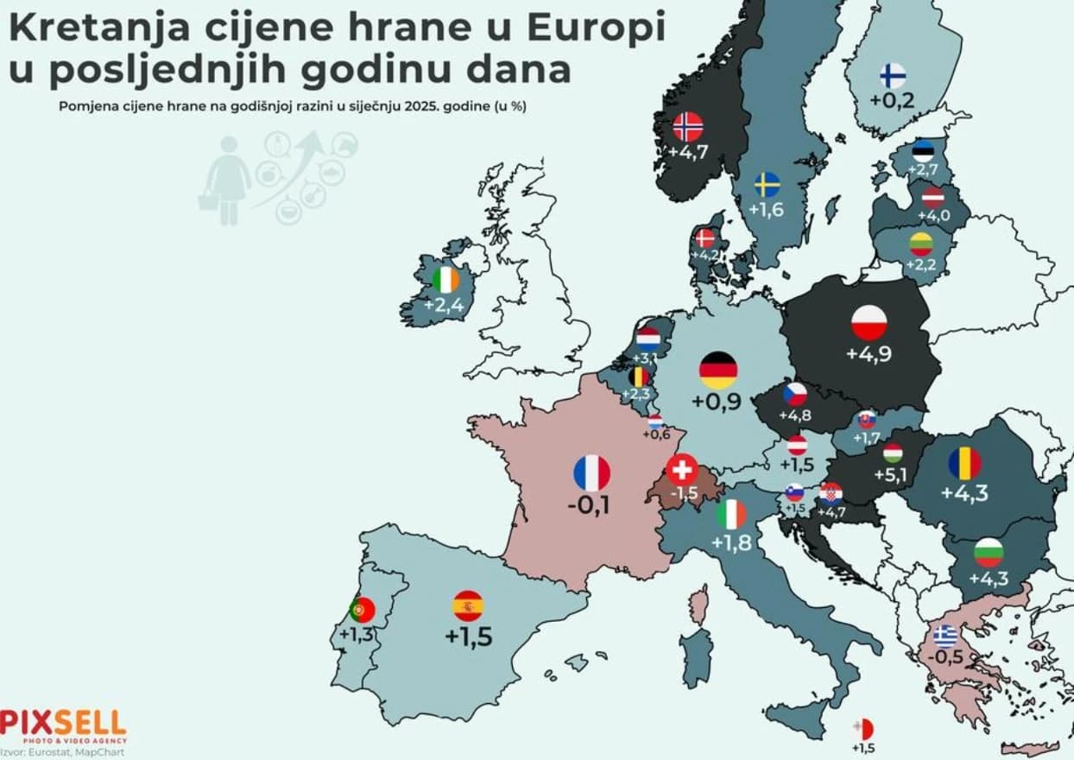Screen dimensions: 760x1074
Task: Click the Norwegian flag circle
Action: (x=688, y=128)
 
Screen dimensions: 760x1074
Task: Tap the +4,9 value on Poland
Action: (x=869, y=354)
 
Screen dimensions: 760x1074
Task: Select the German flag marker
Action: (x=718, y=370)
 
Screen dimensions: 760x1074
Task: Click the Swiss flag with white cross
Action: (x=682, y=469)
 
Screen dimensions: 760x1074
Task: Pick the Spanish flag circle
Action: (x=468, y=606)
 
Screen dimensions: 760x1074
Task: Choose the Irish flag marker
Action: (x=446, y=279)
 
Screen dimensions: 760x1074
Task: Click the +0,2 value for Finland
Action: (x=892, y=101)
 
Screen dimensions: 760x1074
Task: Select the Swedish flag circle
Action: (x=767, y=185)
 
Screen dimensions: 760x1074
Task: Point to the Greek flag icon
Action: (x=945, y=636)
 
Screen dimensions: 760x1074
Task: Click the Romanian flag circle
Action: (x=964, y=465)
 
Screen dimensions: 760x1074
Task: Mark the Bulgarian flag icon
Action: (x=989, y=551)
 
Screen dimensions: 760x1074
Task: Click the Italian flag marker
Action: (x=731, y=515)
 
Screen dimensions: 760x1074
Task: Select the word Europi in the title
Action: (x=597, y=28)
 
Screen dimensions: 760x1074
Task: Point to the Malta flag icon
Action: (x=862, y=729)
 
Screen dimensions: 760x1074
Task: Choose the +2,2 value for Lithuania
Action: (x=921, y=265)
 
